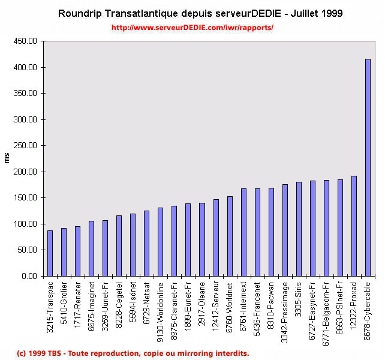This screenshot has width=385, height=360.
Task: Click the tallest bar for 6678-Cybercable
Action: tap(368, 167)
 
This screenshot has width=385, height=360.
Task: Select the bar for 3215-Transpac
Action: tap(50, 253)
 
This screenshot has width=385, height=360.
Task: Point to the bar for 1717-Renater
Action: tap(77, 251)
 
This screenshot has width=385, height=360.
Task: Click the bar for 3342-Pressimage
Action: tap(285, 230)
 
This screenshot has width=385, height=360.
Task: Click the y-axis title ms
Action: tap(7, 158)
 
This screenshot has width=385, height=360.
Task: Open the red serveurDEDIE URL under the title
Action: tap(192, 28)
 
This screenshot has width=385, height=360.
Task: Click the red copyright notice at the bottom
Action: tap(133, 353)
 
